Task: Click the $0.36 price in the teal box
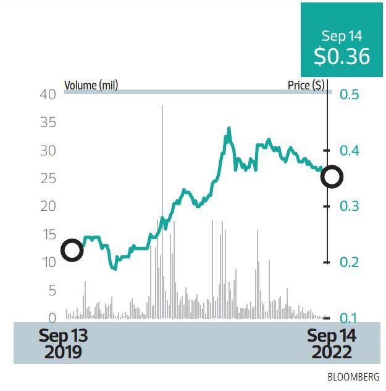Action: (342, 56)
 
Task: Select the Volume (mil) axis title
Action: (91, 85)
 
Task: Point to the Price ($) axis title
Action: (306, 85)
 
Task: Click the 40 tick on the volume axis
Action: (48, 94)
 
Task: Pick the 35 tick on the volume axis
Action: (48, 122)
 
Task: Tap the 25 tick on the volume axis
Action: (48, 178)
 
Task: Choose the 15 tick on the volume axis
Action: (48, 234)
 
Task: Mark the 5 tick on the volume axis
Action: (52, 290)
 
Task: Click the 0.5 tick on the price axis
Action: (349, 94)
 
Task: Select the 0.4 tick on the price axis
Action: (349, 150)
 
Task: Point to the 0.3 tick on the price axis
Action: (349, 206)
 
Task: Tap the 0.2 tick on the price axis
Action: (349, 262)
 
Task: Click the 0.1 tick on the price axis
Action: (349, 318)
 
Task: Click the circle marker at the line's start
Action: (72, 250)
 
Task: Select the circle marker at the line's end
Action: (332, 177)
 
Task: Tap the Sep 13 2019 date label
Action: (63, 344)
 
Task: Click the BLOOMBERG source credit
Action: (353, 377)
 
